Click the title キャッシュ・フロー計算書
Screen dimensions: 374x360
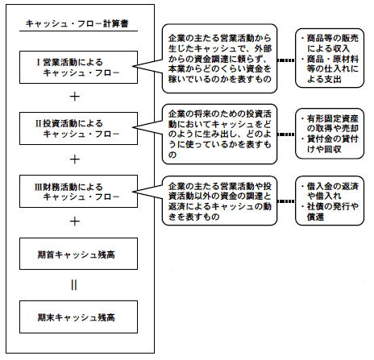coord(77,23)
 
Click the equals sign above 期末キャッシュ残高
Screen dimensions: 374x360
coord(74,285)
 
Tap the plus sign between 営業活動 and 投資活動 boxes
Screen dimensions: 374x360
coord(75,97)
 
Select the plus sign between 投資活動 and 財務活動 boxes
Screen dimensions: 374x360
coord(75,159)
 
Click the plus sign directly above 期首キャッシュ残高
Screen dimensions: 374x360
coord(75,221)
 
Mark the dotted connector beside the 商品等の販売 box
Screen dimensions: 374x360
coord(286,60)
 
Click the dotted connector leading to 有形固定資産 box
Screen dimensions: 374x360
coord(286,134)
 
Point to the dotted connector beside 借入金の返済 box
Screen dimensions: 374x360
coord(286,201)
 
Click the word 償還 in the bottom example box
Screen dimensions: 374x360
coord(315,217)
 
